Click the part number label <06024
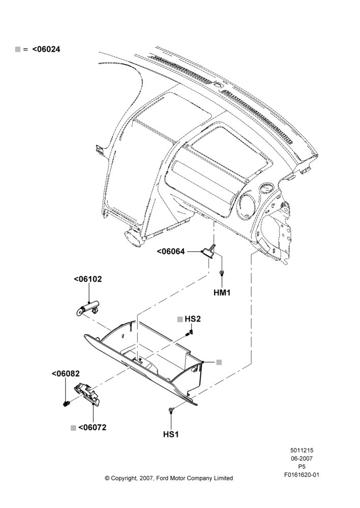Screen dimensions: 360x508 (x=46, y=49)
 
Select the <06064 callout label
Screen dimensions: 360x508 (x=171, y=251)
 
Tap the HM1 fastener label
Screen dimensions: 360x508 (x=222, y=293)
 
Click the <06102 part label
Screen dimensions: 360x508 (x=88, y=279)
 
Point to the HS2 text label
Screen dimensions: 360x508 (x=193, y=319)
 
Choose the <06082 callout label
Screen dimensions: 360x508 (x=66, y=373)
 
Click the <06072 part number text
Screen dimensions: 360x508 (x=93, y=427)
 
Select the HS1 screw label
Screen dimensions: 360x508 (x=171, y=434)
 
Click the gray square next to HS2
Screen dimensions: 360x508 (x=180, y=320)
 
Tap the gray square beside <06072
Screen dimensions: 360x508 (x=73, y=428)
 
